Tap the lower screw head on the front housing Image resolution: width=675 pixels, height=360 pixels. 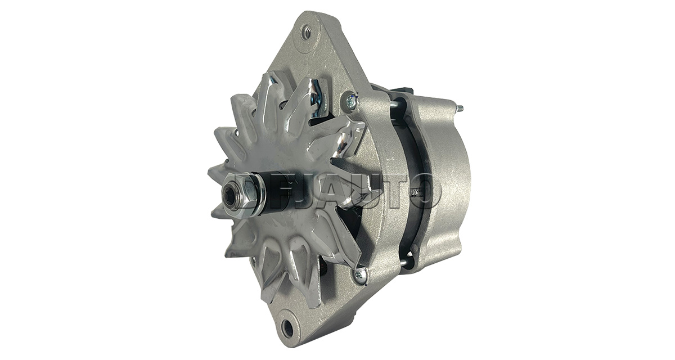[360, 274]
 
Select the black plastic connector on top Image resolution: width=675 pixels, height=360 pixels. [403, 87]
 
